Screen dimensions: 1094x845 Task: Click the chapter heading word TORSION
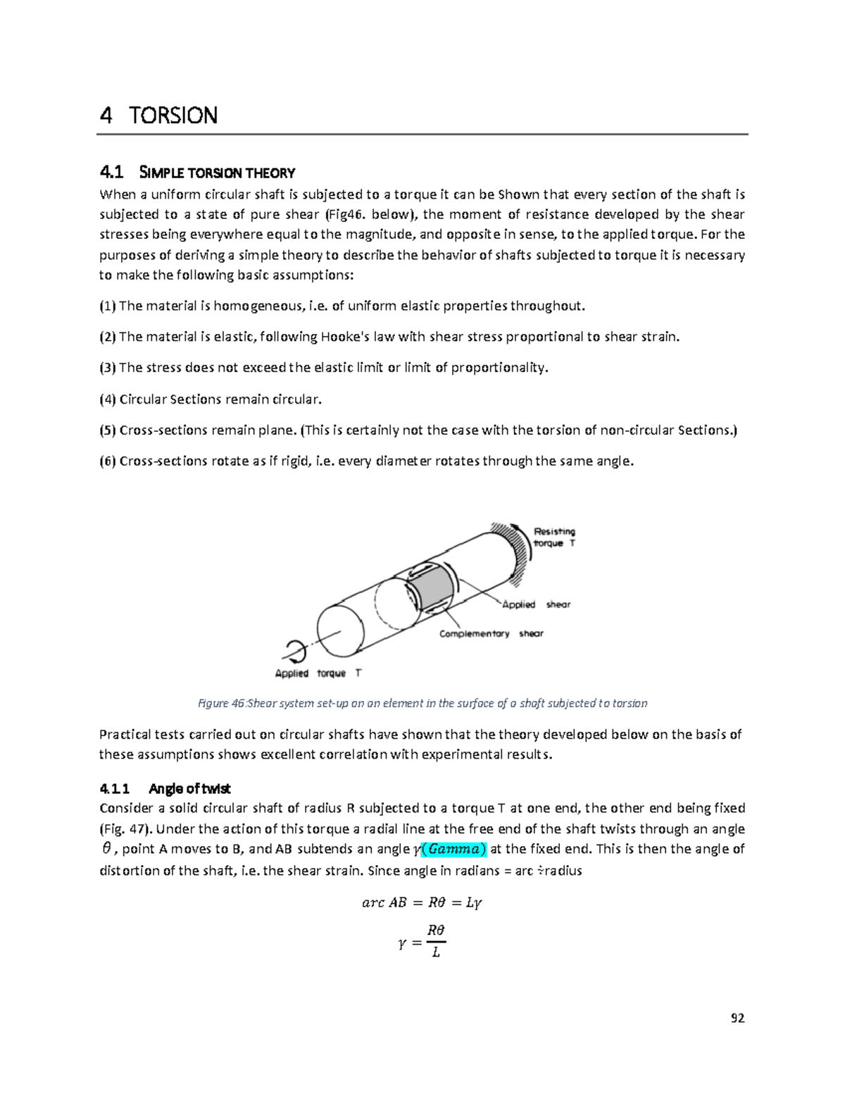pos(173,115)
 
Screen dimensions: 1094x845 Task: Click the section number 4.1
pos(111,172)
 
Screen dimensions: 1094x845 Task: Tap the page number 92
pos(737,1018)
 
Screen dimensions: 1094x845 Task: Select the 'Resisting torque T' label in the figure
pos(554,537)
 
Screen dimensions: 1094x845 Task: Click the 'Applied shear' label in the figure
pos(536,604)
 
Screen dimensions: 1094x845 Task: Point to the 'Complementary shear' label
pos(491,633)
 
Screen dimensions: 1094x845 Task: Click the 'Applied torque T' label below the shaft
pos(318,673)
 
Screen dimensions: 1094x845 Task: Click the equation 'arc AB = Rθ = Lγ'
pos(422,902)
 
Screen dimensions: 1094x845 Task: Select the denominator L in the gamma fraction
pos(436,952)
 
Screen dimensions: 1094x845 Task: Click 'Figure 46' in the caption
pos(220,703)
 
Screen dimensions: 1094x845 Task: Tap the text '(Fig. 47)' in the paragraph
pos(126,828)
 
